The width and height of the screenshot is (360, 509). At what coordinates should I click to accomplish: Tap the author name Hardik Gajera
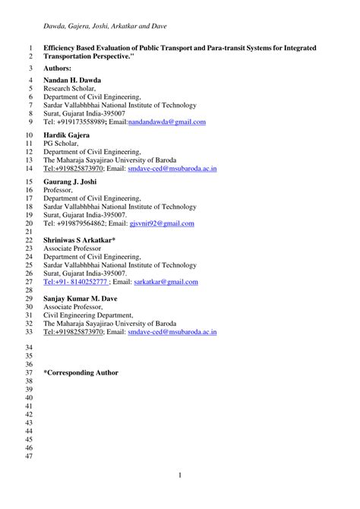[67, 135]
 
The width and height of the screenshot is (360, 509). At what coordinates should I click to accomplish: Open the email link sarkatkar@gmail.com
[166, 282]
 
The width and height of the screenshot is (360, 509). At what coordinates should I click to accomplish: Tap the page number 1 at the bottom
[180, 476]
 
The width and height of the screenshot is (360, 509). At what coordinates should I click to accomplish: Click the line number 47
[30, 456]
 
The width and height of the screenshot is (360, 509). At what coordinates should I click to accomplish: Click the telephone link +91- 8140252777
[74, 282]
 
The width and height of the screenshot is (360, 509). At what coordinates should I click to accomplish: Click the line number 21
[30, 231]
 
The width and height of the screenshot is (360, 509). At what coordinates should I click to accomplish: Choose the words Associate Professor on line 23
[75, 248]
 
